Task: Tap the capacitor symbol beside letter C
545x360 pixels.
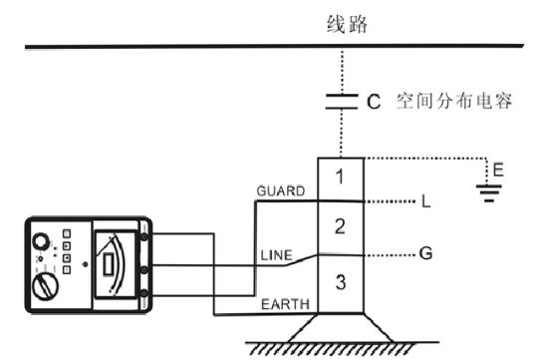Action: pyautogui.click(x=341, y=101)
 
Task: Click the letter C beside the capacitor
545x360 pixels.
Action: pyautogui.click(x=374, y=102)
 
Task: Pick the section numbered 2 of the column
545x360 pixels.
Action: pyautogui.click(x=341, y=226)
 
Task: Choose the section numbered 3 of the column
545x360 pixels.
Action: pyautogui.click(x=341, y=282)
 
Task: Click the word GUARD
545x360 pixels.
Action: pyautogui.click(x=279, y=190)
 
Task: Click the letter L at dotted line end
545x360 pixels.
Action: pyautogui.click(x=425, y=202)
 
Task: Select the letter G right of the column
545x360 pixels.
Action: pyautogui.click(x=425, y=253)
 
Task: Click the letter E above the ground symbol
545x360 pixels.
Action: pyautogui.click(x=498, y=171)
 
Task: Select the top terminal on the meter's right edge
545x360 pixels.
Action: pyautogui.click(x=144, y=237)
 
